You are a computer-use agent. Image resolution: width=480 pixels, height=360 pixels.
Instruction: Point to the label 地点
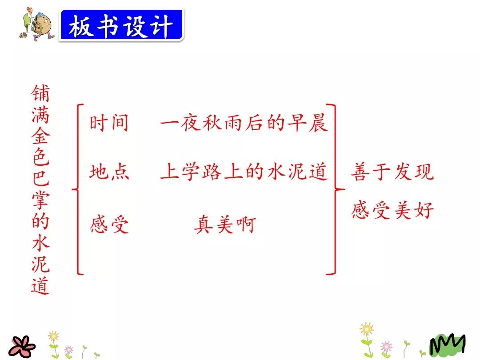pos(109,172)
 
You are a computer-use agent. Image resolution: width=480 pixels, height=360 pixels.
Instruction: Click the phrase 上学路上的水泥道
pos(244,172)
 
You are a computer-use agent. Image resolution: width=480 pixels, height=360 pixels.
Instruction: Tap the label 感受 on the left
pos(109,224)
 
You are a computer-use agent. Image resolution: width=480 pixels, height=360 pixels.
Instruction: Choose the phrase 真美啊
pos(225,224)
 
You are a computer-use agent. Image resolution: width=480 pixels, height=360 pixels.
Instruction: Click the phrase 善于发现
pos(392,172)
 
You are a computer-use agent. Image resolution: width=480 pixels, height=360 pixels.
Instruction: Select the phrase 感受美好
pos(392,210)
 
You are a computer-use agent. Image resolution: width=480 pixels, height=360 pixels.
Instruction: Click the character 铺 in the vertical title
pos(40,94)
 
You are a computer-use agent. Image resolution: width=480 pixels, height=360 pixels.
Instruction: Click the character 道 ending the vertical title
pos(40,285)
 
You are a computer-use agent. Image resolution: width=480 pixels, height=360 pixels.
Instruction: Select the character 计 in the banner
pos(161,27)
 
